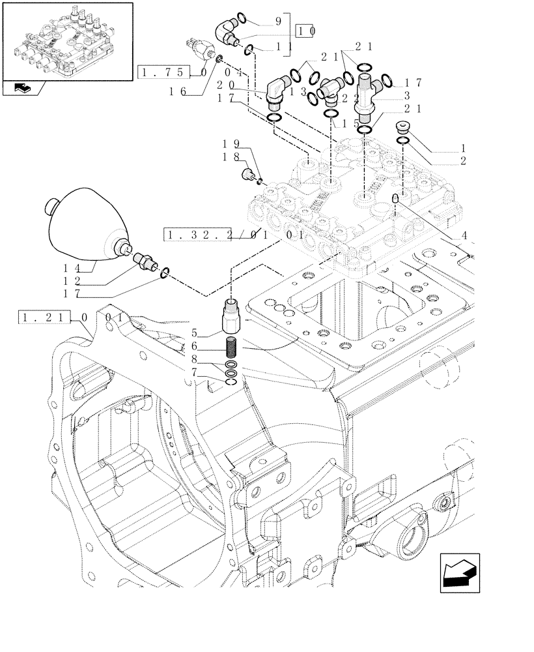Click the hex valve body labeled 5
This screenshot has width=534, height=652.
click(x=232, y=316)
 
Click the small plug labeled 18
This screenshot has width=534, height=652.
click(x=247, y=174)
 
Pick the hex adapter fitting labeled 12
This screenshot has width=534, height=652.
click(x=145, y=261)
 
